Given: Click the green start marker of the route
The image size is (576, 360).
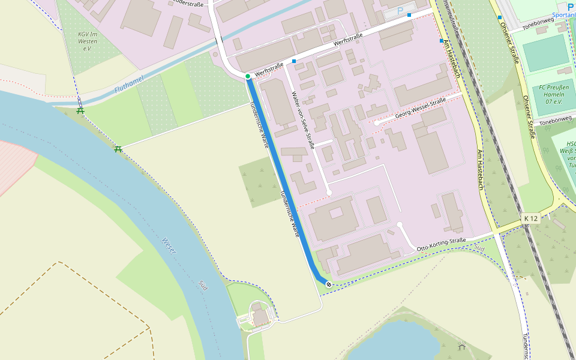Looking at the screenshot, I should [247, 76].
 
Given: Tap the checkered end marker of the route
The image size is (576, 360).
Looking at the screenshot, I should [328, 283].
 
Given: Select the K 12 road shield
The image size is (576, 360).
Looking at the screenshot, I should [530, 218].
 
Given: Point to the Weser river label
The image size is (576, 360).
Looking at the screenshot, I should [169, 245].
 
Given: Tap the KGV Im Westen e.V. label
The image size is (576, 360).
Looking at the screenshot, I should [88, 41].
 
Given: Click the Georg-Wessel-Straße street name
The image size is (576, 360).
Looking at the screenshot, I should [421, 109].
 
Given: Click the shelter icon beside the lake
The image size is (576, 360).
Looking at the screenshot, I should [461, 347].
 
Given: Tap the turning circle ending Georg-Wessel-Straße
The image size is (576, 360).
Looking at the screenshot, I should [377, 123].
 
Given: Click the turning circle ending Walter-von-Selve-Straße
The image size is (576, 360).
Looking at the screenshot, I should [329, 193].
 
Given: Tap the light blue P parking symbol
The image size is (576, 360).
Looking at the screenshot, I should [401, 11].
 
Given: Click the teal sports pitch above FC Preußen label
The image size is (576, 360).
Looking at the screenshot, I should [545, 52].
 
